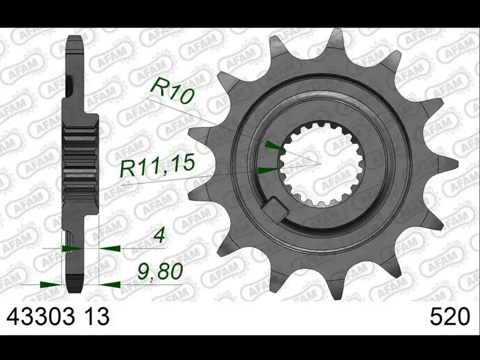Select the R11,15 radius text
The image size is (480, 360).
click(x=158, y=165)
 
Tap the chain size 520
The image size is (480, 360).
click(x=450, y=317)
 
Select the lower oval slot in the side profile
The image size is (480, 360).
click(x=71, y=240)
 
